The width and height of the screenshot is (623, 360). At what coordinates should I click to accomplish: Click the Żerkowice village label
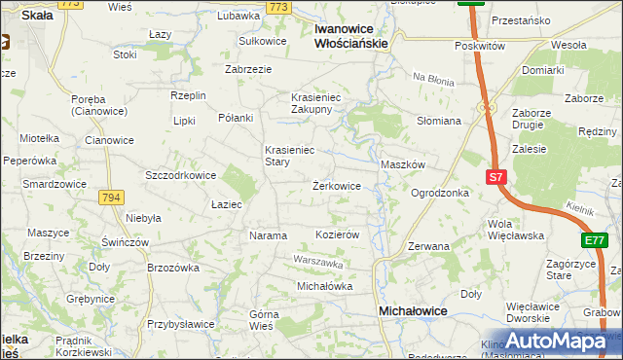point(337,185)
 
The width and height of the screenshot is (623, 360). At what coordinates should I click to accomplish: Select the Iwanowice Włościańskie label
point(352,36)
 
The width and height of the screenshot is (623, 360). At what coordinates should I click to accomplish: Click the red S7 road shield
point(496,177)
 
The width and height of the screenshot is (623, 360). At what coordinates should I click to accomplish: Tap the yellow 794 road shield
point(111,198)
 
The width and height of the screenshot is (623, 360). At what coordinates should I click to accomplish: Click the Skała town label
point(37,16)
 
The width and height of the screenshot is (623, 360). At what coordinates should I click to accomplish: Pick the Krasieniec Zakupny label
point(311,103)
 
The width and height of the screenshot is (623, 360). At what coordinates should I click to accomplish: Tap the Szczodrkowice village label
point(180,175)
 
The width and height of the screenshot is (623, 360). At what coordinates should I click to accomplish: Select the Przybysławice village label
point(182,325)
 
